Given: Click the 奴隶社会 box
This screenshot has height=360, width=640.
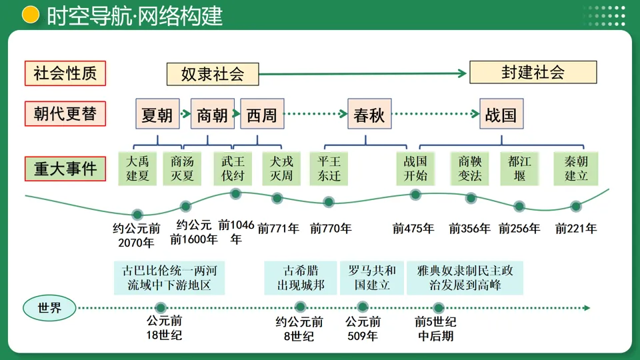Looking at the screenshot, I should [x=213, y=74].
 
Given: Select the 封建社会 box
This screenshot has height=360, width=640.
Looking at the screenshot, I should [x=533, y=72].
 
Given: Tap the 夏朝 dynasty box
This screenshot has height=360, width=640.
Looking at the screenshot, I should [x=157, y=115].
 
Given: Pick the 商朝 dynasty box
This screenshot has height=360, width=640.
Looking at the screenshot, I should [x=213, y=115].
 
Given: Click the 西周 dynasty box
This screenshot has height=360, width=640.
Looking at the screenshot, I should [x=261, y=115].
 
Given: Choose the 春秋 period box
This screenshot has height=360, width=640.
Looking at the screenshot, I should [x=369, y=115].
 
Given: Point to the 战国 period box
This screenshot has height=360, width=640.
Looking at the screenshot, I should [x=501, y=115].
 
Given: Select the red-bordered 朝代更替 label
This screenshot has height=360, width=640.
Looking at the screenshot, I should [x=65, y=113].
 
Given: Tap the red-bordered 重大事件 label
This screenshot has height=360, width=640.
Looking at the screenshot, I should [x=65, y=168].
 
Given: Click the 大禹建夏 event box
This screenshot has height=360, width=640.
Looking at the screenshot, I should [x=137, y=169].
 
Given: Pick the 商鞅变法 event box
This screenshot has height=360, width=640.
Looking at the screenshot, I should [x=470, y=169].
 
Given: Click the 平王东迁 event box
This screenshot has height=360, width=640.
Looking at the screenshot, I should [x=329, y=169].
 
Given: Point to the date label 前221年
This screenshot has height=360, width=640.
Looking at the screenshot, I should [x=576, y=229].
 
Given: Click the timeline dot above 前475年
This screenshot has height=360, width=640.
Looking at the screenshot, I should [x=415, y=195].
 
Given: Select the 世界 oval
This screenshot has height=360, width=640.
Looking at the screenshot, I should [x=49, y=308].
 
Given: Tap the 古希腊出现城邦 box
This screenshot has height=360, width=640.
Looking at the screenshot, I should [x=301, y=278].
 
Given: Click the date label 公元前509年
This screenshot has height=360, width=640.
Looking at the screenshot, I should [x=362, y=329].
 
